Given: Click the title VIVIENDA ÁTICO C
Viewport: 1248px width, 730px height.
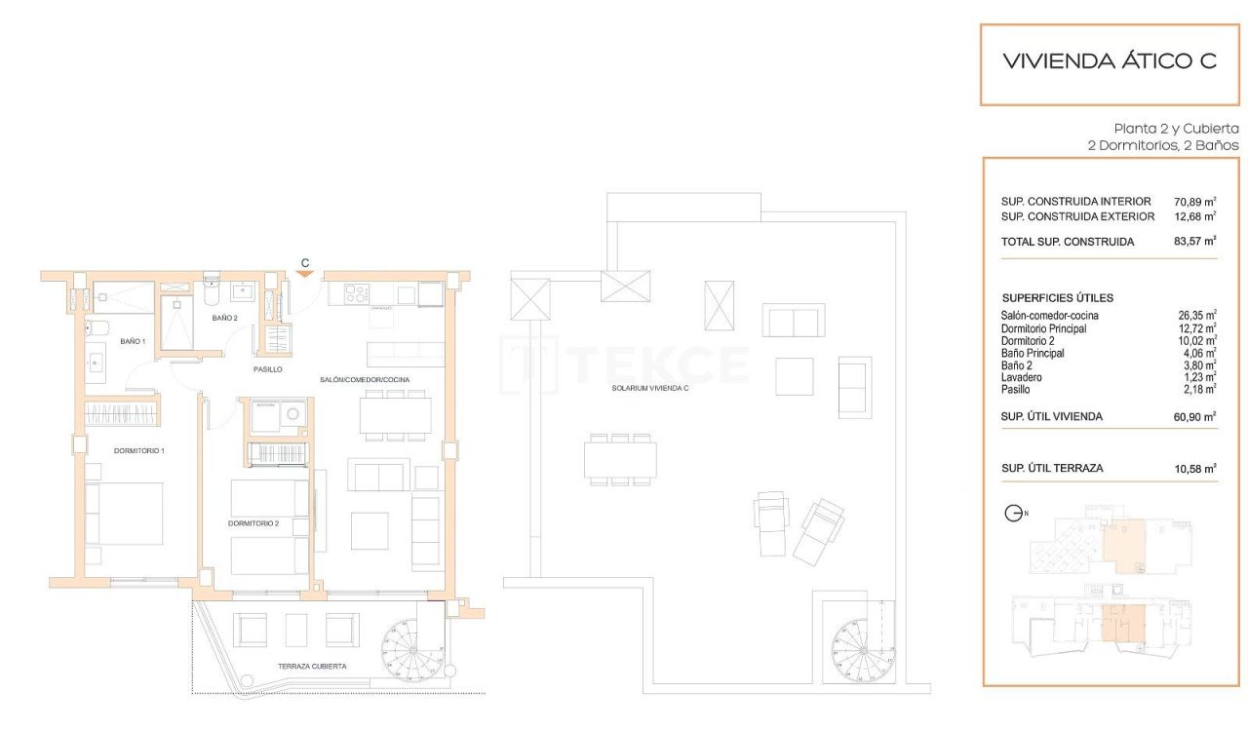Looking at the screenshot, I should [1110, 61].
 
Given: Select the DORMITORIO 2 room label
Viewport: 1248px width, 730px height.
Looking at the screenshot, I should [253, 523].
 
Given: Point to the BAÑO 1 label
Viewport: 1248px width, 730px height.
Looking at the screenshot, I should [133, 341].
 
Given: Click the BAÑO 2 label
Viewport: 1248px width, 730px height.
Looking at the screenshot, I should [225, 318].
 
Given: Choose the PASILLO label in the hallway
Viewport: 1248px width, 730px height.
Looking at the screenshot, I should [267, 369].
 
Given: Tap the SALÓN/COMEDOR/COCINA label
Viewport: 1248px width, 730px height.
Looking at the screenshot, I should [365, 379].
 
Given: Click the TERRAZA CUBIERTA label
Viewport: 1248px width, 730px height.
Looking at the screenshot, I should [312, 667].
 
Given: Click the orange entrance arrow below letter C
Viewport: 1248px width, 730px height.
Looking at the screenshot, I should [305, 274].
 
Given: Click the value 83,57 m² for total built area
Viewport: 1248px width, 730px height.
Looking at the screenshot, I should [1195, 241].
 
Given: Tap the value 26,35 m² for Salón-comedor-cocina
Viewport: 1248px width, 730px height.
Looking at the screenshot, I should [1196, 316].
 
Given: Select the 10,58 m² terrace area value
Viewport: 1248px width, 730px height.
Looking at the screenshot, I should [1195, 469].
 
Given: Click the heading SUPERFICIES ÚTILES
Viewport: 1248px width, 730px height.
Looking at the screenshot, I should [1058, 298].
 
